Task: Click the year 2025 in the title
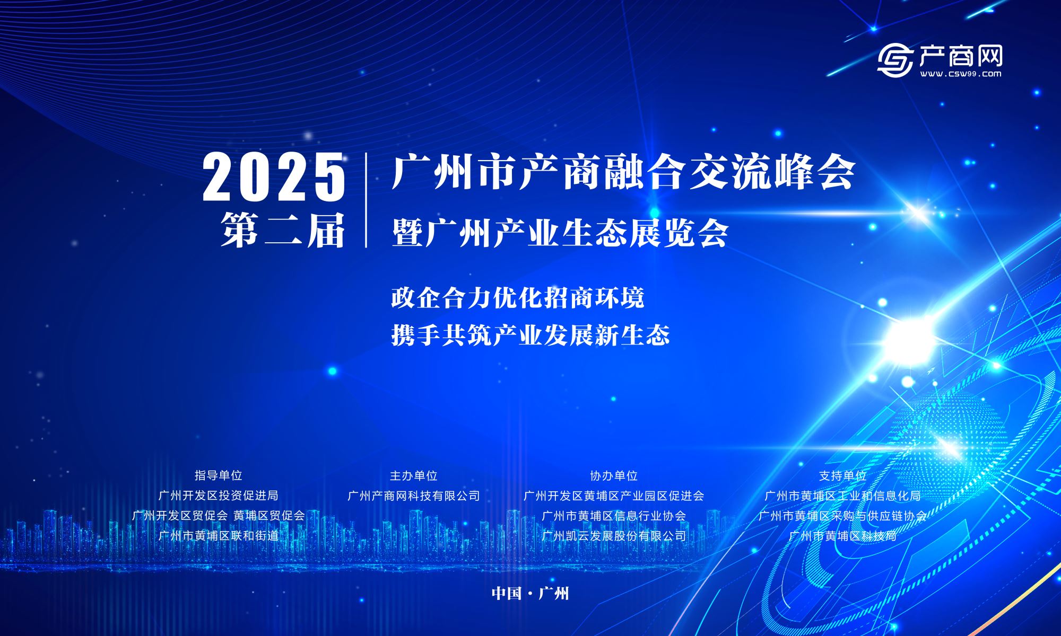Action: (274, 176)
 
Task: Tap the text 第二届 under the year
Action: (283, 231)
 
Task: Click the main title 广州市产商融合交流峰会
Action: (623, 172)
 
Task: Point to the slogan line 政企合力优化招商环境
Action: (518, 297)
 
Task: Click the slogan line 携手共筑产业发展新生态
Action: (530, 334)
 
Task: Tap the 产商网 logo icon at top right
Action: (895, 60)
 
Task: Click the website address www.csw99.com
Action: (961, 74)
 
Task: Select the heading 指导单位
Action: (219, 475)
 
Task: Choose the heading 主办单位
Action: (414, 476)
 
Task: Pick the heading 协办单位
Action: (614, 476)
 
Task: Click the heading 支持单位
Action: (843, 476)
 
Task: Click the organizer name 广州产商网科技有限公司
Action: (414, 496)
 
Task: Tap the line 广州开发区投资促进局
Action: (219, 496)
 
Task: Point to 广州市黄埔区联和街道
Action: (219, 536)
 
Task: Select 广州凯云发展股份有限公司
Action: (614, 536)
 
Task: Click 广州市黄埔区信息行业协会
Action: (614, 516)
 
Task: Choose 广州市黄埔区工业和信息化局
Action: (843, 496)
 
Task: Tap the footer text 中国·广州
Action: (530, 593)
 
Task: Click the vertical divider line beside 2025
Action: (366, 200)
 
